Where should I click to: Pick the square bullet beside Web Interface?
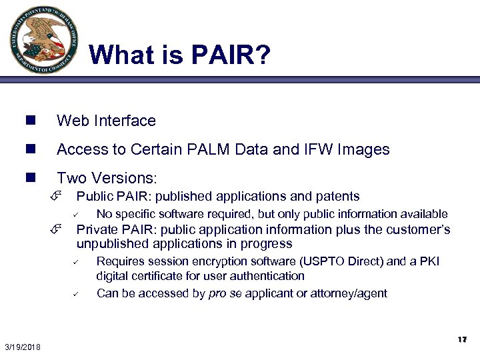tap(30, 121)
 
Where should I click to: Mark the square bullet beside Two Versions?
tap(30, 178)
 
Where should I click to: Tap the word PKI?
tap(429, 261)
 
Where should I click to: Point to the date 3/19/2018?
tap(22, 347)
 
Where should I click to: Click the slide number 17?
tap(461, 340)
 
